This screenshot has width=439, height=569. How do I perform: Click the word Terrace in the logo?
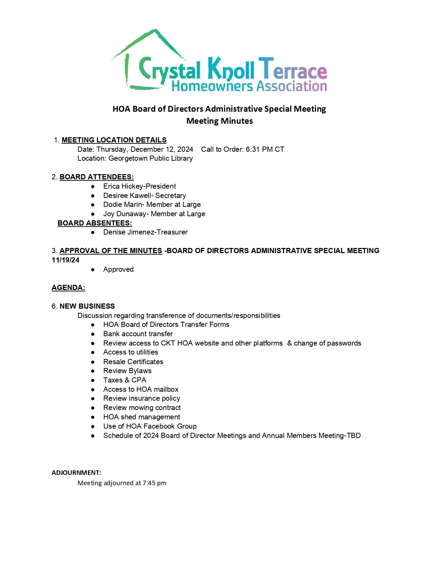coord(292,69)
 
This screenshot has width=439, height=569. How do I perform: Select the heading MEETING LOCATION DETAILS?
coord(114,140)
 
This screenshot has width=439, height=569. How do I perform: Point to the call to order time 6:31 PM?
coord(260,149)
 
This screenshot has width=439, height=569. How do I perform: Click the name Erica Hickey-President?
coord(139,186)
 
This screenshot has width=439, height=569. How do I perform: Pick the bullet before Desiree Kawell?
coord(93,196)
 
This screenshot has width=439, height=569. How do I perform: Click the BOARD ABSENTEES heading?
coord(95,223)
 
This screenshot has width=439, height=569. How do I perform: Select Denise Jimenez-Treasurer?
coord(145,232)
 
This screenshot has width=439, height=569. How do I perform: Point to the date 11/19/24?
coord(65,260)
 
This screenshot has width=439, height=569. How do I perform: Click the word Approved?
coord(118,269)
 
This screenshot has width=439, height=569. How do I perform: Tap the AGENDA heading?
coord(68,288)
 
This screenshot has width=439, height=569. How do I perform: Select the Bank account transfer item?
coord(138,334)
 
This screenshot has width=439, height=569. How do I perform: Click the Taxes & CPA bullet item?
coord(125,380)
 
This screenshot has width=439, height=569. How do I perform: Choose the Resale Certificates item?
coord(133,361)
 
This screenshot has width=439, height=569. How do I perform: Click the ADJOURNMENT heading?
coord(76,472)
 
